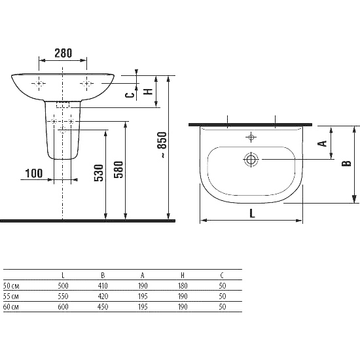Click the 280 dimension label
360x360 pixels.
click(63, 53)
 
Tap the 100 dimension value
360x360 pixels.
click(34, 173)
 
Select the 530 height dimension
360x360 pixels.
click(99, 173)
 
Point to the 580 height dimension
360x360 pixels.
click(118, 170)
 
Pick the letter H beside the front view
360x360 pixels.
click(148, 92)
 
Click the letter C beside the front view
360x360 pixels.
click(130, 95)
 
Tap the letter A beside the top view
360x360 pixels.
click(322, 143)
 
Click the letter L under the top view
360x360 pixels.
click(252, 213)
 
